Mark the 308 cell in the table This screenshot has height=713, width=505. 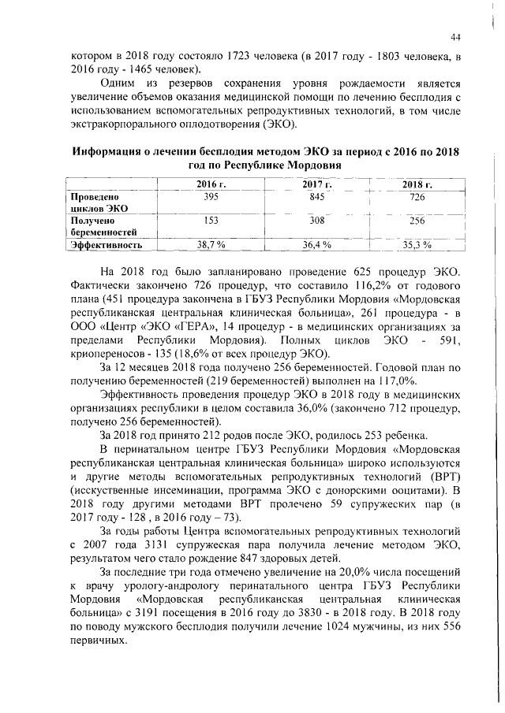pos(316,221)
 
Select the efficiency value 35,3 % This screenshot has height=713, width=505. pos(416,245)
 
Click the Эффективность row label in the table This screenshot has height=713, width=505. pos(106,245)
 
